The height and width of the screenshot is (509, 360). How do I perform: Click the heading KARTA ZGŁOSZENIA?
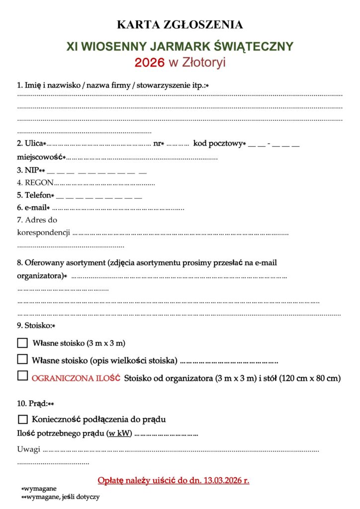(180, 24)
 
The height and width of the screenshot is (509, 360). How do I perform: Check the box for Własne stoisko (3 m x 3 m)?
(22, 343)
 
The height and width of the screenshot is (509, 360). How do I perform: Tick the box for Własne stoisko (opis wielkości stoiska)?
(22, 359)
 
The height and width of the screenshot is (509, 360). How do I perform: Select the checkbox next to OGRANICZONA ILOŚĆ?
(22, 377)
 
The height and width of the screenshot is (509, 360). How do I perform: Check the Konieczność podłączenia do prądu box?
(22, 419)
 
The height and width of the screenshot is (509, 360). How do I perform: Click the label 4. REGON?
(35, 182)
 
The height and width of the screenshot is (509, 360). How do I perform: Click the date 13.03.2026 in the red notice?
(226, 481)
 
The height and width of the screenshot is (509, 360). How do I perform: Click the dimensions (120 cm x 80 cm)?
(310, 378)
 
